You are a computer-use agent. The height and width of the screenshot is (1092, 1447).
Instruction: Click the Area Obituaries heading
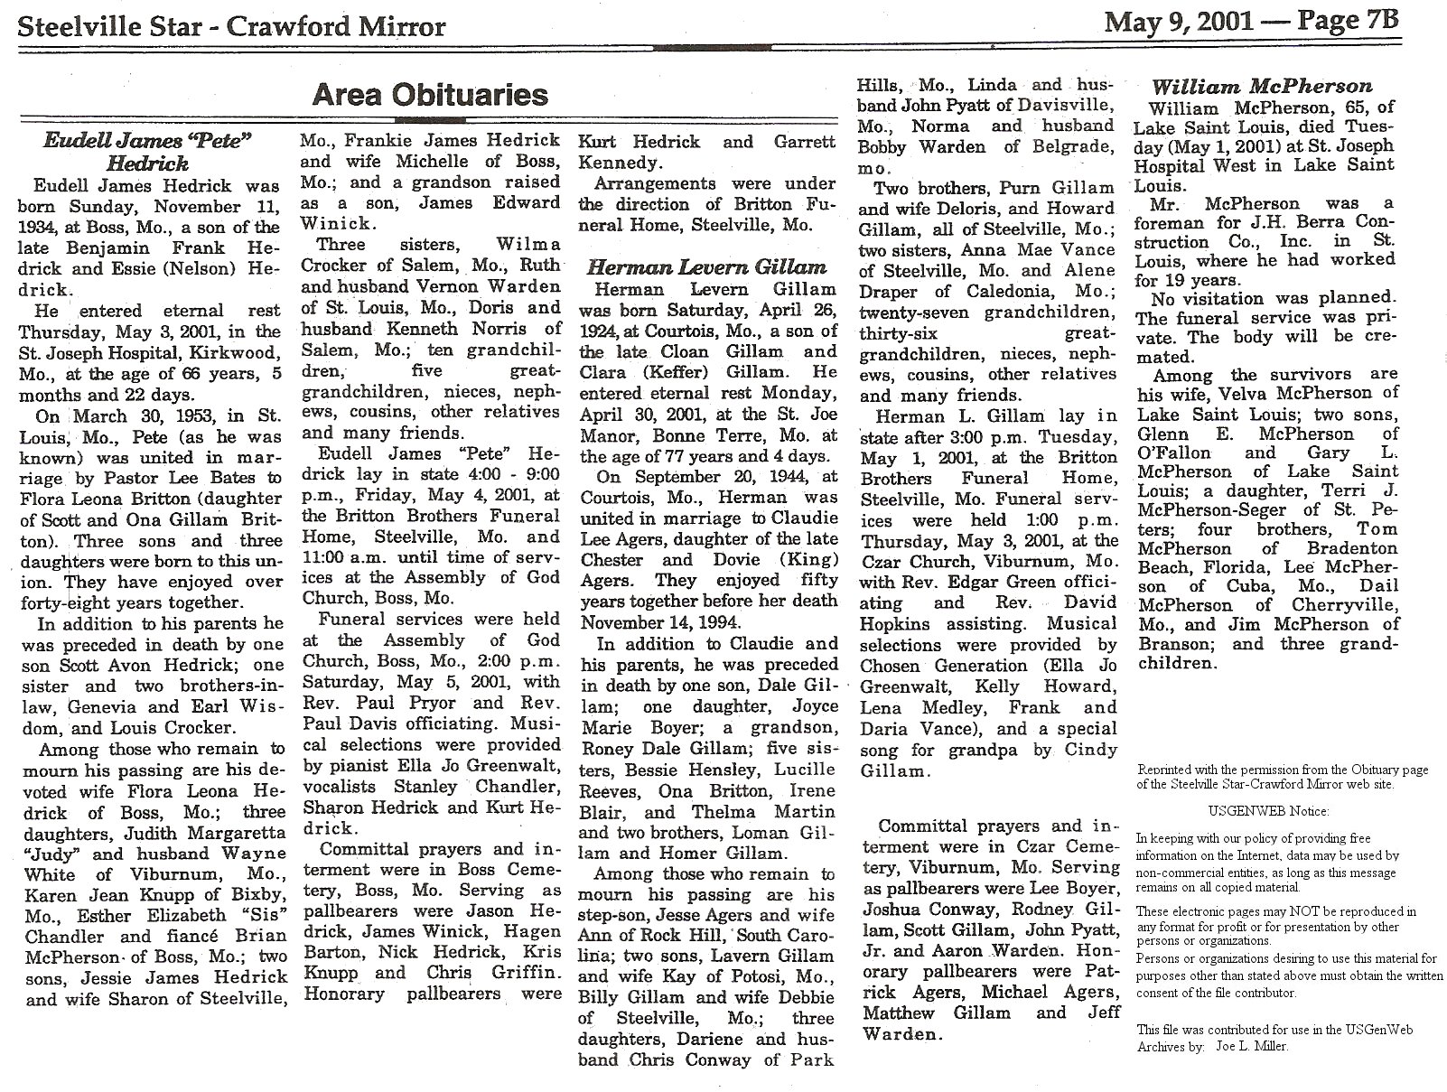[430, 95]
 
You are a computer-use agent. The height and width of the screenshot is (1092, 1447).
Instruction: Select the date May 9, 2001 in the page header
[1178, 22]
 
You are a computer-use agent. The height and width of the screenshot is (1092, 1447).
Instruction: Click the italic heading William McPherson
[1262, 87]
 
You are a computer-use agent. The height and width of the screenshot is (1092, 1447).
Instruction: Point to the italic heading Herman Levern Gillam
[706, 266]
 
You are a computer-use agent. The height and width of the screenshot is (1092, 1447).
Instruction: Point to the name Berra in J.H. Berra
[1286, 222]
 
